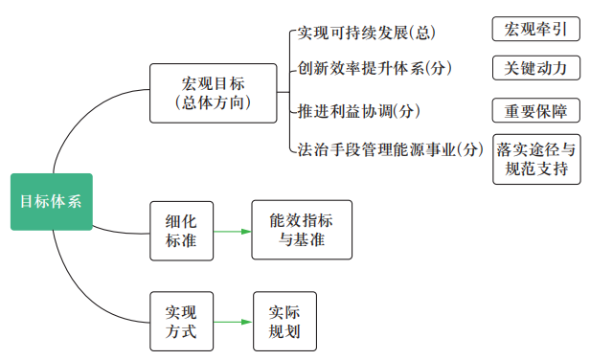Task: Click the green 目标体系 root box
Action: point(52,201)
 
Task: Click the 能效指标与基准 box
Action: point(302,230)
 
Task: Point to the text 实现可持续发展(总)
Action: point(366,33)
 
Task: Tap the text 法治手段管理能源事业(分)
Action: point(389,149)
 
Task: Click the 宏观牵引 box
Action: point(535,30)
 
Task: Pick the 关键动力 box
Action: point(535,69)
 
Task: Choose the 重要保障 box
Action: point(535,110)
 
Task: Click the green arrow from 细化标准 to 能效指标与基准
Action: point(230,231)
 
